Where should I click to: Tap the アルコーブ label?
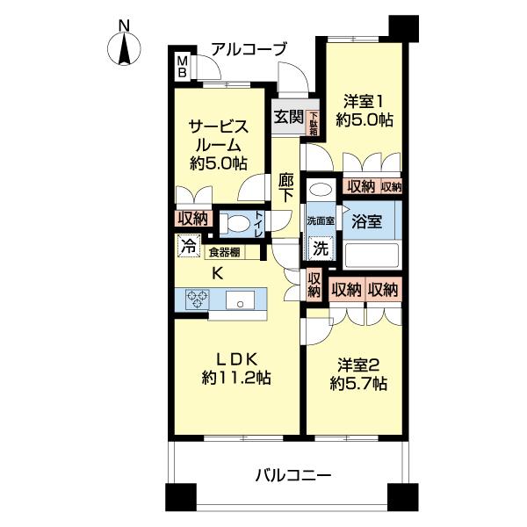click(247, 49)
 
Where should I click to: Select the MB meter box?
click(182, 67)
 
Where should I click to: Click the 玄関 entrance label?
click(287, 117)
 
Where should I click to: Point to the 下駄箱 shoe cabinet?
click(314, 118)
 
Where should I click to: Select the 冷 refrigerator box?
click(187, 247)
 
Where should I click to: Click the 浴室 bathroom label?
click(365, 221)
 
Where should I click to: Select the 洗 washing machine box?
click(321, 249)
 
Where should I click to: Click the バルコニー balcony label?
click(293, 476)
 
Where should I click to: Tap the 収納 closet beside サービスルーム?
click(193, 218)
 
